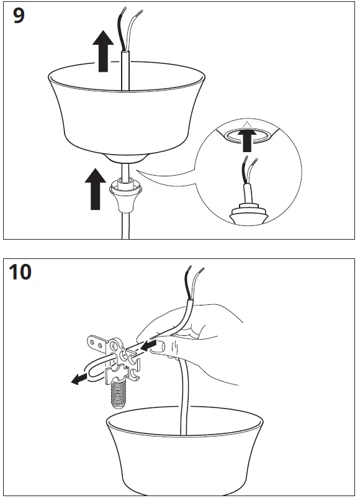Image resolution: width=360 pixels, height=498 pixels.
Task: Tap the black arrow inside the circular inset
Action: pos(249,140)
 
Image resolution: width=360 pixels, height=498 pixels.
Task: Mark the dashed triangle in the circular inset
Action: pos(248,125)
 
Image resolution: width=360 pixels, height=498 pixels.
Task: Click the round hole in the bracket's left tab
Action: pos(94,340)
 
